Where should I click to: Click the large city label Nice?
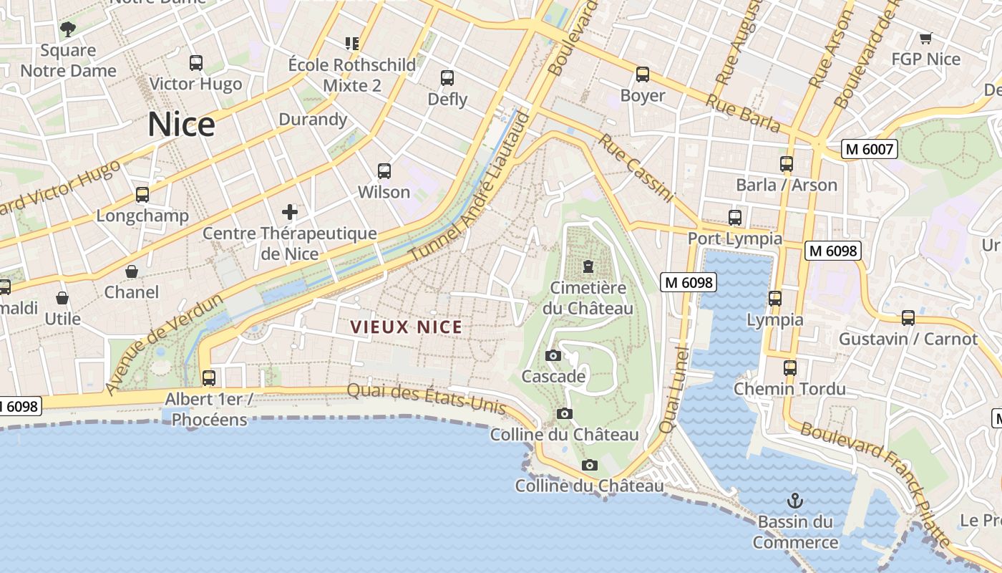[x=181, y=125]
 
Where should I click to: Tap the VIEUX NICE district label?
[x=406, y=327]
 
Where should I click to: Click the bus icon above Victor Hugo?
[x=196, y=63]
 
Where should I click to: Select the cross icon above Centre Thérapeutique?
[x=290, y=211]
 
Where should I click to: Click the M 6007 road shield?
[x=869, y=149]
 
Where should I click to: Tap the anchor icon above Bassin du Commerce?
[x=794, y=500]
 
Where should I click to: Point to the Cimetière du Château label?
[x=588, y=298]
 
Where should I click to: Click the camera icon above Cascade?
[x=553, y=355]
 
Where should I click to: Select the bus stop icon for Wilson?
[x=384, y=171]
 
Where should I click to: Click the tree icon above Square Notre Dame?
[x=68, y=29]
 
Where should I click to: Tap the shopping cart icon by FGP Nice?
[x=925, y=38]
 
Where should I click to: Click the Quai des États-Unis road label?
[x=427, y=400]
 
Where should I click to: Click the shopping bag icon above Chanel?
[x=132, y=271]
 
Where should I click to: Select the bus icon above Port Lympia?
[x=734, y=218]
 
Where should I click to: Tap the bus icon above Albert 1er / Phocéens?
[x=209, y=377]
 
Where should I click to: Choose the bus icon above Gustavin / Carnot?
[x=908, y=317]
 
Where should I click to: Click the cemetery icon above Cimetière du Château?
[x=588, y=266]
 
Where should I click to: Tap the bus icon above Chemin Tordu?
[x=789, y=368]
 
